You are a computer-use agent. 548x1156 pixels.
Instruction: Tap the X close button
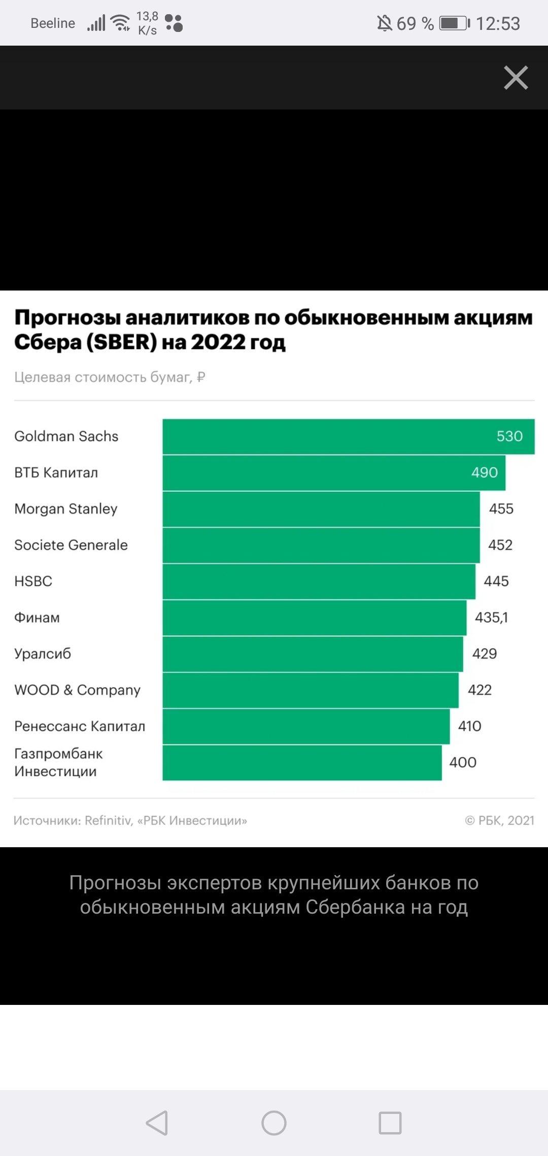(x=516, y=78)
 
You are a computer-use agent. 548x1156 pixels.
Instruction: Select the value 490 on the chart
(x=484, y=473)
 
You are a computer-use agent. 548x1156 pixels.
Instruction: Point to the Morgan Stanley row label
(x=66, y=509)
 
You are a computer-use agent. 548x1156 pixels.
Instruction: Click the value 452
(x=500, y=545)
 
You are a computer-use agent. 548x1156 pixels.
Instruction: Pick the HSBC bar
(x=319, y=582)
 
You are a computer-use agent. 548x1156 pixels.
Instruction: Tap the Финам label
(x=37, y=618)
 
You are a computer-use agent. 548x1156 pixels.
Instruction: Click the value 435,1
(x=491, y=618)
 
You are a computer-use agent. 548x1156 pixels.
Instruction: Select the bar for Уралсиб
(x=313, y=654)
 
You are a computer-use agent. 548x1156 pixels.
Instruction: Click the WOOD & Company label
(x=77, y=690)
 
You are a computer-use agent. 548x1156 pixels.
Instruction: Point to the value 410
(x=469, y=726)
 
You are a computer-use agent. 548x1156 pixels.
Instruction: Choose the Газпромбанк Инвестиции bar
(x=302, y=763)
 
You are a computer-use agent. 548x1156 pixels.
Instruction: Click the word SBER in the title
(x=122, y=342)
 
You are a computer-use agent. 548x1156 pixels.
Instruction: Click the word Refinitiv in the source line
(x=108, y=820)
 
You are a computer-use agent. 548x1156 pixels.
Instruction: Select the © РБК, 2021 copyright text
(x=499, y=820)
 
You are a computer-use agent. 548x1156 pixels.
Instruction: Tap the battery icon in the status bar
(x=454, y=23)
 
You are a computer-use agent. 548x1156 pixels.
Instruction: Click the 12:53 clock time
(x=498, y=23)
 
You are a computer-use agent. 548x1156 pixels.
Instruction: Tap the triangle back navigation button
(x=157, y=1123)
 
